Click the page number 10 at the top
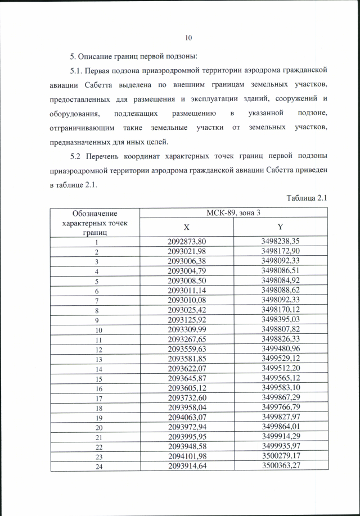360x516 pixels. click(188, 38)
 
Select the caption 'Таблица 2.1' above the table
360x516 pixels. click(306, 197)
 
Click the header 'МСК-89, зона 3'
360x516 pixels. click(233, 212)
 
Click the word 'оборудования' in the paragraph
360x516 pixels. click(73, 114)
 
